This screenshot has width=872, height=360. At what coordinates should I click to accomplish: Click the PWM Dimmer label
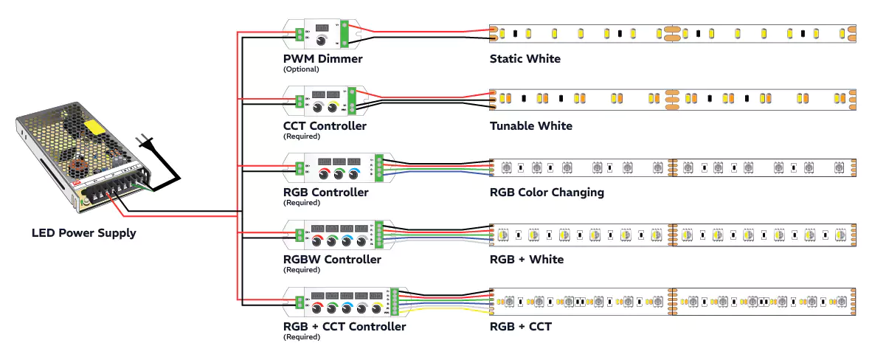(x=322, y=59)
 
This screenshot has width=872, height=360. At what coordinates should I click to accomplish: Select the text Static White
(x=525, y=59)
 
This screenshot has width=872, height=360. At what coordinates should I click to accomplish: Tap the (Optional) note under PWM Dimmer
(x=301, y=69)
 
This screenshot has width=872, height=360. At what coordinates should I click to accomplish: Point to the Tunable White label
(x=530, y=126)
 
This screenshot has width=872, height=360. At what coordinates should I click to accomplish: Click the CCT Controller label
(x=325, y=126)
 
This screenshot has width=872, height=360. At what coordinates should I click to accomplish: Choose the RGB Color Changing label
(x=547, y=193)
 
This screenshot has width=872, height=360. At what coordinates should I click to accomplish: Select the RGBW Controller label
(x=332, y=260)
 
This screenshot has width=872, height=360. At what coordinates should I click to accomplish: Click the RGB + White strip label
(x=526, y=260)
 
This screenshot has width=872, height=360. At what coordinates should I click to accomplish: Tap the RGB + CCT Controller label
(x=345, y=327)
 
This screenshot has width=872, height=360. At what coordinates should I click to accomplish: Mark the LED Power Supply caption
(x=84, y=233)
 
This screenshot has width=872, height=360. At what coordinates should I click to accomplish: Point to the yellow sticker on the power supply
(x=94, y=127)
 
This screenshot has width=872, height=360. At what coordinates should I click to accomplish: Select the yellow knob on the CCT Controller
(x=333, y=108)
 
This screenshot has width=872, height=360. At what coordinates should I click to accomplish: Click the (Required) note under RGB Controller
(x=301, y=203)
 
